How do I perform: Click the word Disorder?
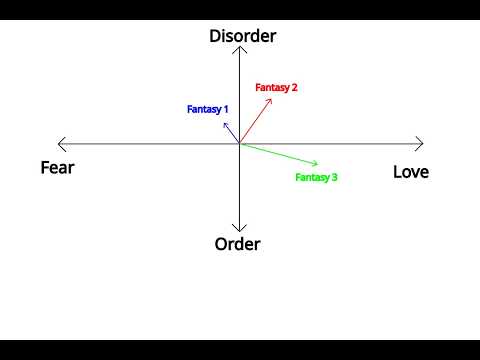[x=243, y=36]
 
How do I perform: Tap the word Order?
[x=237, y=244]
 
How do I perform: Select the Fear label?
[x=57, y=168]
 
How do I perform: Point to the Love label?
[x=411, y=172]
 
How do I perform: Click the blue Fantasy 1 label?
[x=207, y=109]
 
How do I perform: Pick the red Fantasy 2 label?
[x=276, y=88]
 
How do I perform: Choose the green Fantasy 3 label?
[x=316, y=177]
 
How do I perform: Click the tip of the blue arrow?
[x=224, y=123]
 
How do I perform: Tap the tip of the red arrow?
[x=272, y=99]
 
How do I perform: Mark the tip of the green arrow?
[x=318, y=164]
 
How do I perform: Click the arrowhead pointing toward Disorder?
[x=239, y=47]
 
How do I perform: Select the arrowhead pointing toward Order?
[x=239, y=231]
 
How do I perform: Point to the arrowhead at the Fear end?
[x=58, y=144]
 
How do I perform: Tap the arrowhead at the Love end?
[x=423, y=144]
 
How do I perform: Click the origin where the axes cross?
[x=239, y=144]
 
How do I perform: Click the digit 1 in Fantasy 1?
[x=226, y=109]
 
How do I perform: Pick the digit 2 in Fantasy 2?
[x=294, y=87]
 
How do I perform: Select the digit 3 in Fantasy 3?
[x=335, y=177]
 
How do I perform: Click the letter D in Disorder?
[x=214, y=36]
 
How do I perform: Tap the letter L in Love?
[x=397, y=172]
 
